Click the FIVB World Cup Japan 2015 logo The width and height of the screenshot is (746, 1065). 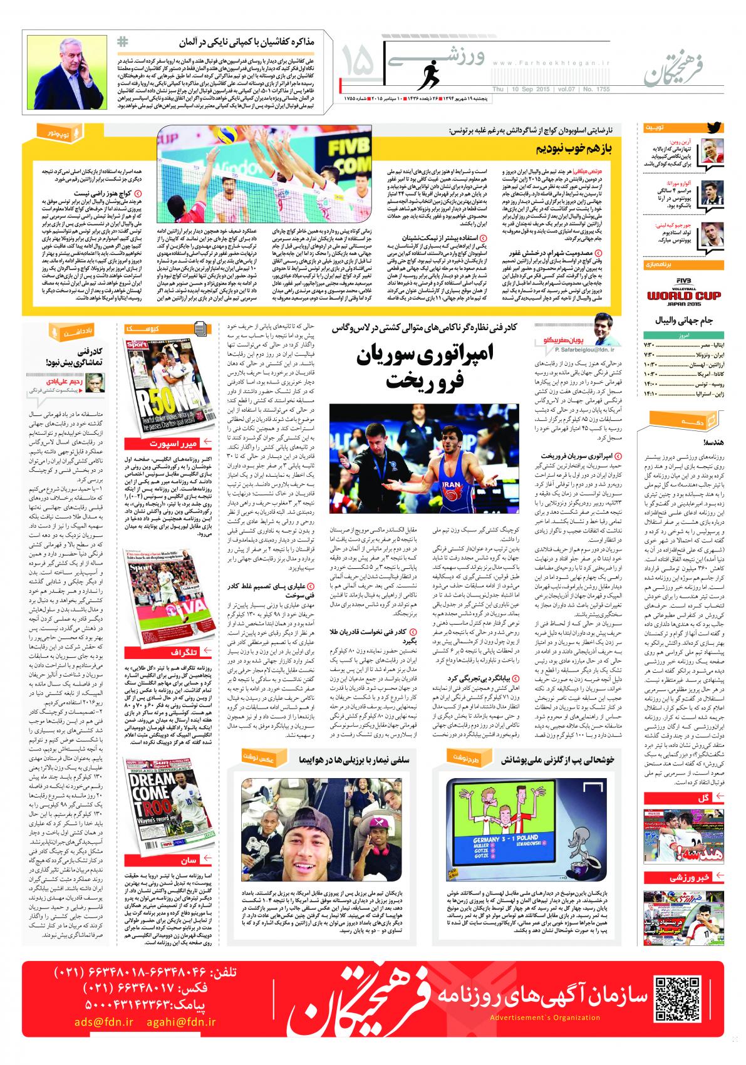(681, 296)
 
